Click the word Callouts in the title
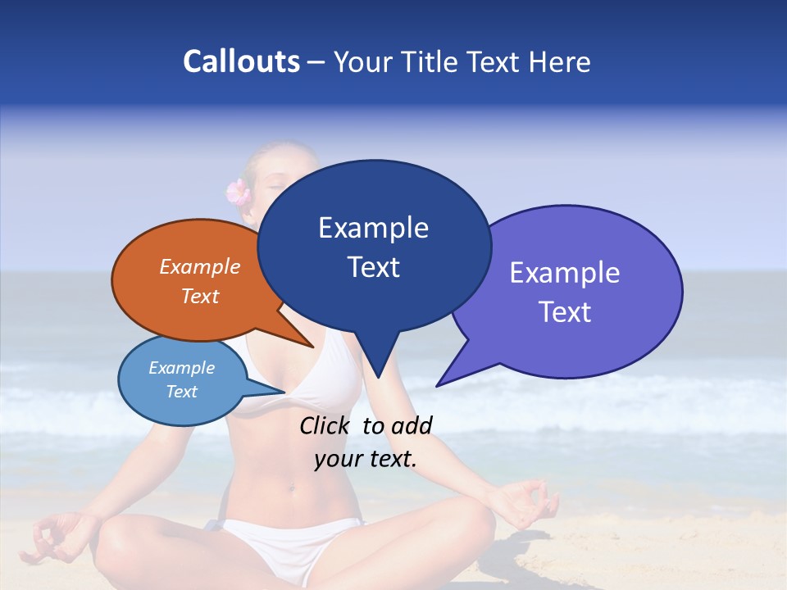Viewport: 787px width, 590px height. click(x=241, y=61)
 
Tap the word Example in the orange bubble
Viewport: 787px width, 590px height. click(x=200, y=266)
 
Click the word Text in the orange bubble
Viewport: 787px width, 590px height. click(x=200, y=296)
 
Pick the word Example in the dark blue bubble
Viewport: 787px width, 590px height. click(x=373, y=228)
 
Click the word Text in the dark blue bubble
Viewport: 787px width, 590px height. click(x=373, y=267)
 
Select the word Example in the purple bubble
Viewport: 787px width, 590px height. click(x=565, y=273)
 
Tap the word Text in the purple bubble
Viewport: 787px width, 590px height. click(x=565, y=312)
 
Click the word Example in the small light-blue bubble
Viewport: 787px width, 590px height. click(x=182, y=368)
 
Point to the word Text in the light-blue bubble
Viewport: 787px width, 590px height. click(x=182, y=392)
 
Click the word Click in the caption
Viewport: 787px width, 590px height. click(x=327, y=425)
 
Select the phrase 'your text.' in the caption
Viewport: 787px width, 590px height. click(x=366, y=459)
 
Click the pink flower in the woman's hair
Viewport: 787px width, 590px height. click(x=238, y=192)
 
